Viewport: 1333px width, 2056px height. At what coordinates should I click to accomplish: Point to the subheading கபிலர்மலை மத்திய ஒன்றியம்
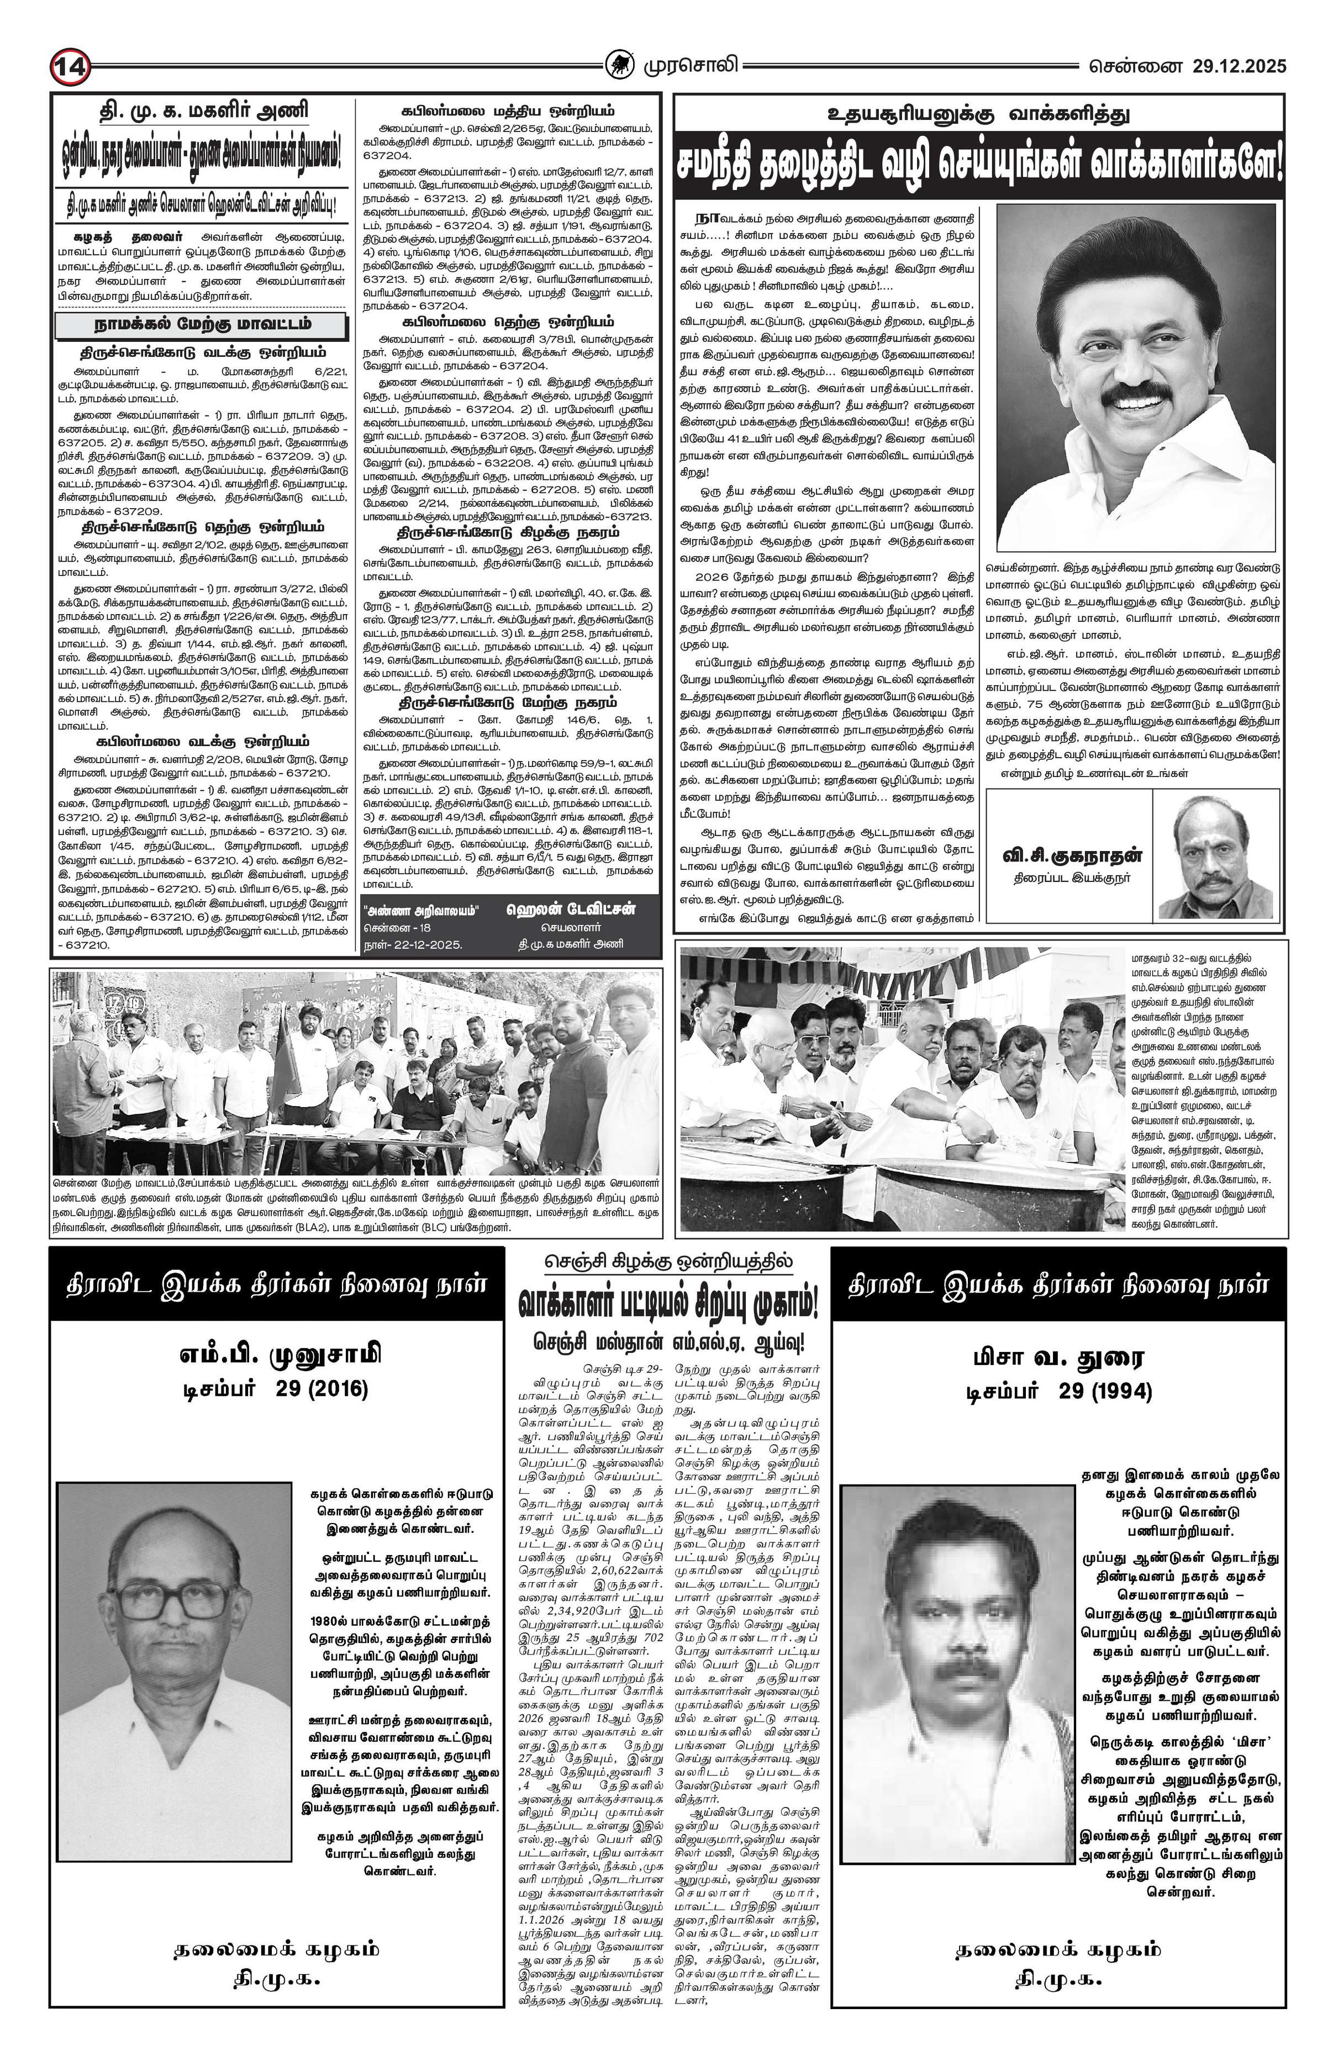508,110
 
